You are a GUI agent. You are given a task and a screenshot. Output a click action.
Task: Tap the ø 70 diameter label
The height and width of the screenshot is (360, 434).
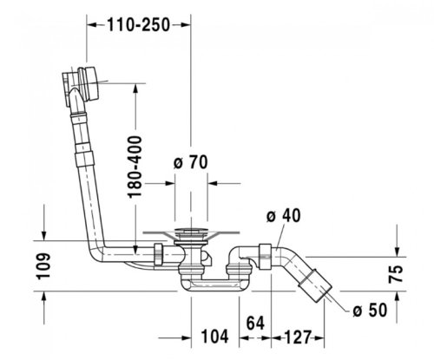click(190, 160)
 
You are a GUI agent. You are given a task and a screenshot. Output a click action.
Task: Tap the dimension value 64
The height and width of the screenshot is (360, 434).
click(255, 323)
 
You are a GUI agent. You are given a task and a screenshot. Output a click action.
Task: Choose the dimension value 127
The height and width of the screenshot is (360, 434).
click(298, 338)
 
